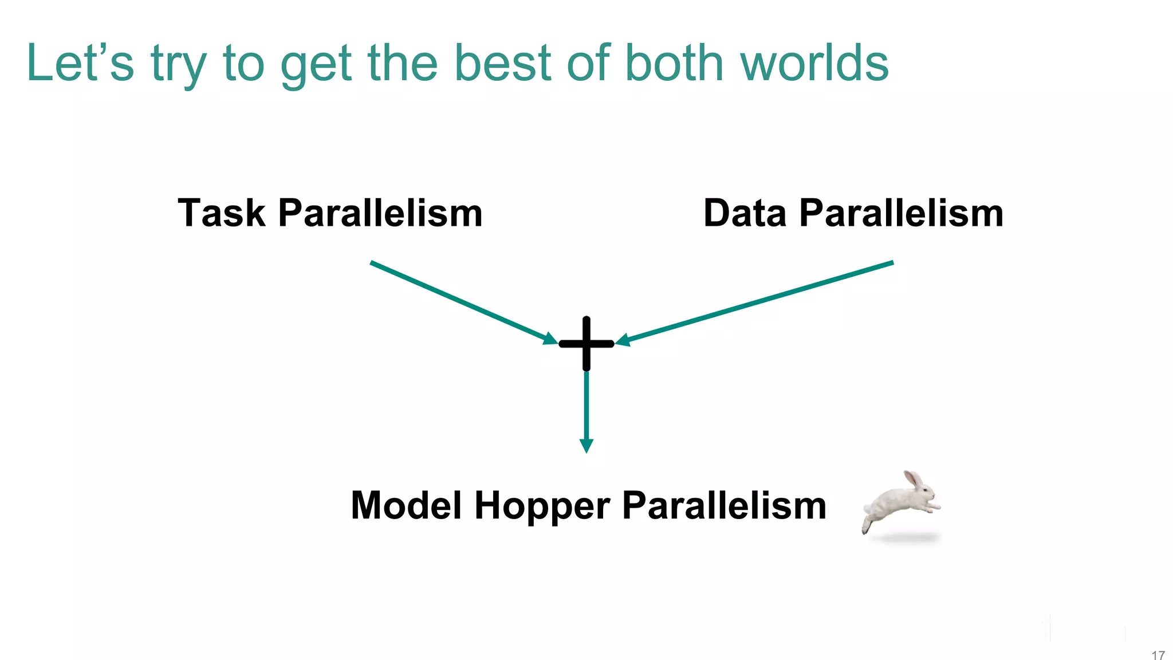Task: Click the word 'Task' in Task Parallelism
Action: click(x=222, y=213)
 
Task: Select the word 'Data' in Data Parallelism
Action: click(x=745, y=213)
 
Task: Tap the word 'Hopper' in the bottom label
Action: click(x=542, y=506)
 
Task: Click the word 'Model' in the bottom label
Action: click(x=406, y=506)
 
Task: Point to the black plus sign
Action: click(x=586, y=344)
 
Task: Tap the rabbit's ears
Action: click(x=913, y=479)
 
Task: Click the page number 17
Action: click(x=1158, y=655)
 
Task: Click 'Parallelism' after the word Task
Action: click(x=380, y=213)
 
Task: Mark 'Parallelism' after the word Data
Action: click(x=901, y=213)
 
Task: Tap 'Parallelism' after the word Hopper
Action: click(x=724, y=506)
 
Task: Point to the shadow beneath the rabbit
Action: click(x=905, y=538)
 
